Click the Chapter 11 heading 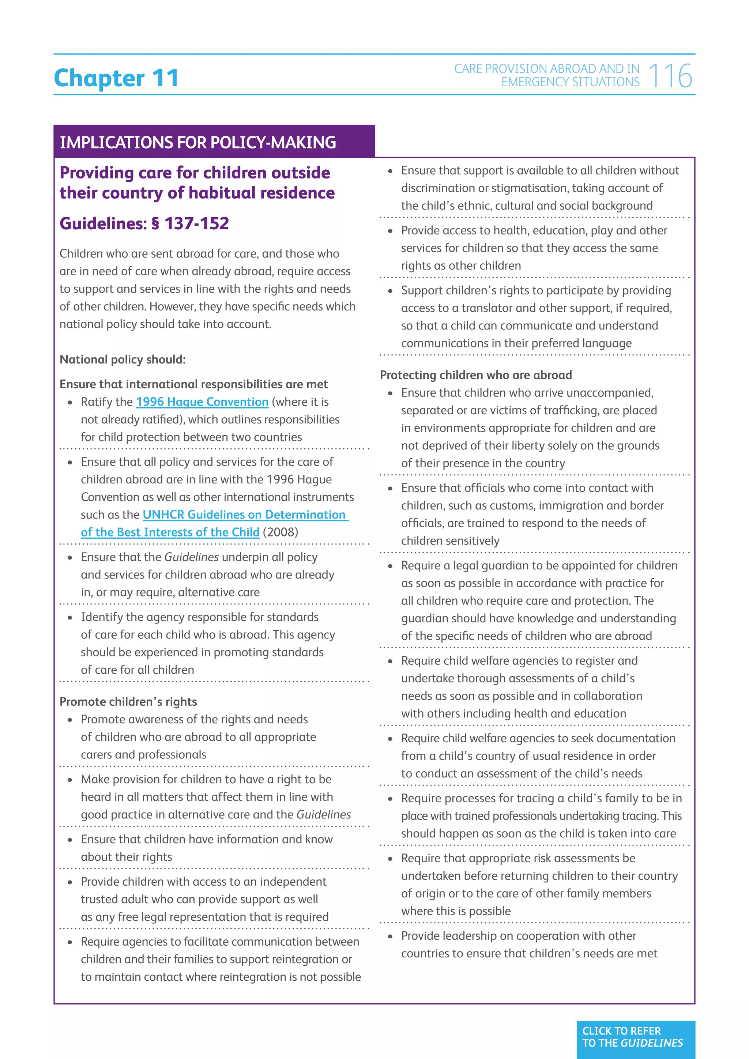(x=116, y=78)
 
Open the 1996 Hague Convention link (x=202, y=402)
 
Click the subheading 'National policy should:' (x=123, y=359)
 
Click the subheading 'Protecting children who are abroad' (x=475, y=375)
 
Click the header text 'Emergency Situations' (x=570, y=82)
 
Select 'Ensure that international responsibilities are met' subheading (x=194, y=384)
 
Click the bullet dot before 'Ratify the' (x=70, y=403)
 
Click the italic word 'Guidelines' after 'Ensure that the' (x=191, y=557)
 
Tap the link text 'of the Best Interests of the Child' (x=170, y=532)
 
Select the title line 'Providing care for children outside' (x=195, y=173)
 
